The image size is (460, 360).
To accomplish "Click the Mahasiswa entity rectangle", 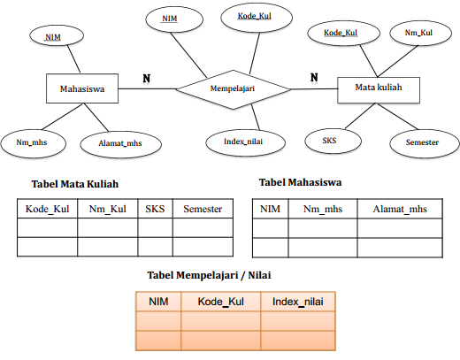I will click(x=81, y=89).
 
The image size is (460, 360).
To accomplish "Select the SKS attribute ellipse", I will click(x=329, y=140).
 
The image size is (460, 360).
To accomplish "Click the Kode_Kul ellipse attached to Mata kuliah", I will click(x=340, y=33).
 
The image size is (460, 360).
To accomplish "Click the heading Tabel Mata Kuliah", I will click(x=75, y=185).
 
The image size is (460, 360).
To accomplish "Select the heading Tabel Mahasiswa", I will click(x=301, y=182).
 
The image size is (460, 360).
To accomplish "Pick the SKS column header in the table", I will click(x=155, y=209).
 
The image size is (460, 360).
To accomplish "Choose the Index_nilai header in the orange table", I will click(x=297, y=302).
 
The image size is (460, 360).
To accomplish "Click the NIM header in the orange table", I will click(x=158, y=302).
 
